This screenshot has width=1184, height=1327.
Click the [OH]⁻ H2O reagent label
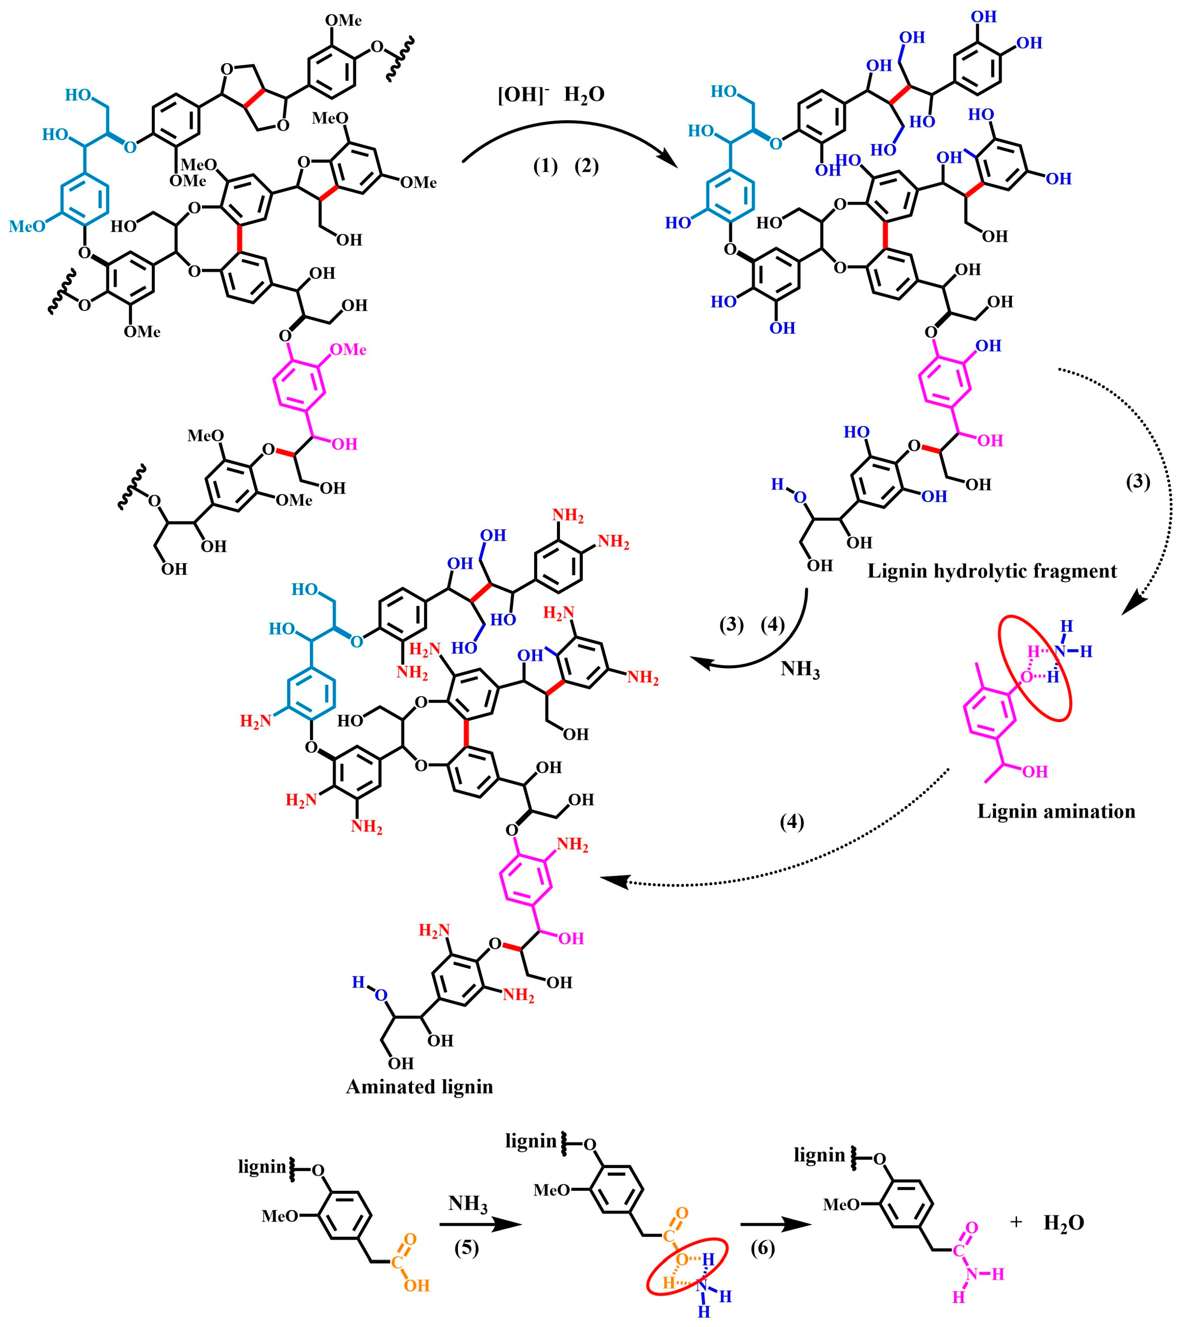(551, 95)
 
